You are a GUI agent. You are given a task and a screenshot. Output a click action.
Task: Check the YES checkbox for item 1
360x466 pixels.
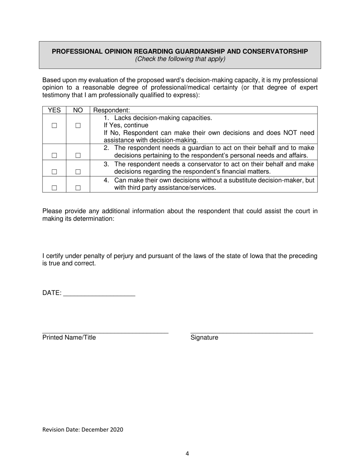pyautogui.click(x=54, y=125)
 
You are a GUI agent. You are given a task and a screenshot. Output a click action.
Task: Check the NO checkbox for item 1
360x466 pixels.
pyautogui.click(x=78, y=125)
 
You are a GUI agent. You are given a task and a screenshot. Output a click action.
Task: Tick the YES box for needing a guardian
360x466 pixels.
pyautogui.click(x=54, y=155)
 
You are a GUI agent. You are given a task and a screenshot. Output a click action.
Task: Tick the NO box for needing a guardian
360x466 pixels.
pyautogui.click(x=78, y=155)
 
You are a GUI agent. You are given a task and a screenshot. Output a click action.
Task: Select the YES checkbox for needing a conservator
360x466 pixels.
pyautogui.click(x=54, y=172)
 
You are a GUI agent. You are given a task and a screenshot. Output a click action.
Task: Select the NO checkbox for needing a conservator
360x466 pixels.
pyautogui.click(x=78, y=172)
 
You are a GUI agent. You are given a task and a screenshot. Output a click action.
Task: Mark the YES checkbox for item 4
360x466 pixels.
pyautogui.click(x=54, y=188)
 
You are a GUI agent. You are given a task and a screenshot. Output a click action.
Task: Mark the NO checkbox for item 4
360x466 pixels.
pyautogui.click(x=78, y=188)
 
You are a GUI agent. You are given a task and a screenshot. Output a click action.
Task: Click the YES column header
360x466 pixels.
pyautogui.click(x=54, y=110)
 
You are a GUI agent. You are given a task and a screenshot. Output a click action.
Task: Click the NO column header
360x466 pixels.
pyautogui.click(x=78, y=110)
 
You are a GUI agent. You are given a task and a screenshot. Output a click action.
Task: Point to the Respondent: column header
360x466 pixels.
pyautogui.click(x=111, y=110)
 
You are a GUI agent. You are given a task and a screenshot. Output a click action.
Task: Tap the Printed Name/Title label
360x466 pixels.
pyautogui.click(x=69, y=338)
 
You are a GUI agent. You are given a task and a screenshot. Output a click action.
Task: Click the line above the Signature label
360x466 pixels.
pyautogui.click(x=252, y=332)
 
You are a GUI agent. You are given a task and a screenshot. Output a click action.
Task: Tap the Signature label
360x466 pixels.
pyautogui.click(x=204, y=338)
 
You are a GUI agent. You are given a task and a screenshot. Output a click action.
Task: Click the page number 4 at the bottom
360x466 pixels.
pyautogui.click(x=187, y=453)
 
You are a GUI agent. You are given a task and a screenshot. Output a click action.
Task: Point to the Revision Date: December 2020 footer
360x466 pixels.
pyautogui.click(x=83, y=430)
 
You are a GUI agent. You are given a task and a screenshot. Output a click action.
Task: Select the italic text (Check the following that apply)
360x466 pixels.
pyautogui.click(x=180, y=59)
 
